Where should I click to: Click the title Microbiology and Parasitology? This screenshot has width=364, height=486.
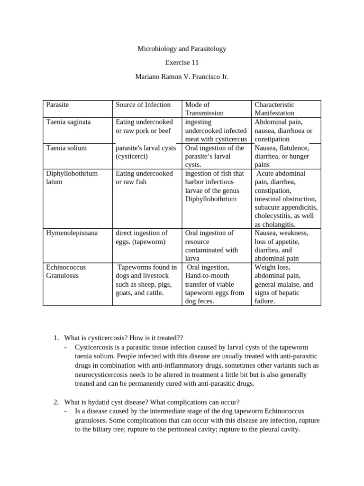pyautogui.click(x=182, y=48)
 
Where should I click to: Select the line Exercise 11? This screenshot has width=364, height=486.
pyautogui.click(x=182, y=62)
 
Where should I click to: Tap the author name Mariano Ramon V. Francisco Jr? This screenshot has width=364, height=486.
pyautogui.click(x=182, y=76)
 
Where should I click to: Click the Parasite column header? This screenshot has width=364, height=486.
pyautogui.click(x=57, y=104)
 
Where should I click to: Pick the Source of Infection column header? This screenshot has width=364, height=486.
pyautogui.click(x=143, y=104)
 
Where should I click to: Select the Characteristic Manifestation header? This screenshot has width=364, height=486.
pyautogui.click(x=274, y=109)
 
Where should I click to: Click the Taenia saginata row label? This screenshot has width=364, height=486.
pyautogui.click(x=68, y=121)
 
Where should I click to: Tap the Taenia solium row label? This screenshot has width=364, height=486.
pyautogui.click(x=66, y=148)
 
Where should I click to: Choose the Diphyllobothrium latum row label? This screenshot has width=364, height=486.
pyautogui.click(x=72, y=178)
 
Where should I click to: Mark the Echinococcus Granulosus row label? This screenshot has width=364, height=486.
pyautogui.click(x=66, y=271)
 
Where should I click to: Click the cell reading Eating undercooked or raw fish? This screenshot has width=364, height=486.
pyautogui.click(x=144, y=178)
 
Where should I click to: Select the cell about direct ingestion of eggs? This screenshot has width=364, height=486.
pyautogui.click(x=141, y=237)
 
